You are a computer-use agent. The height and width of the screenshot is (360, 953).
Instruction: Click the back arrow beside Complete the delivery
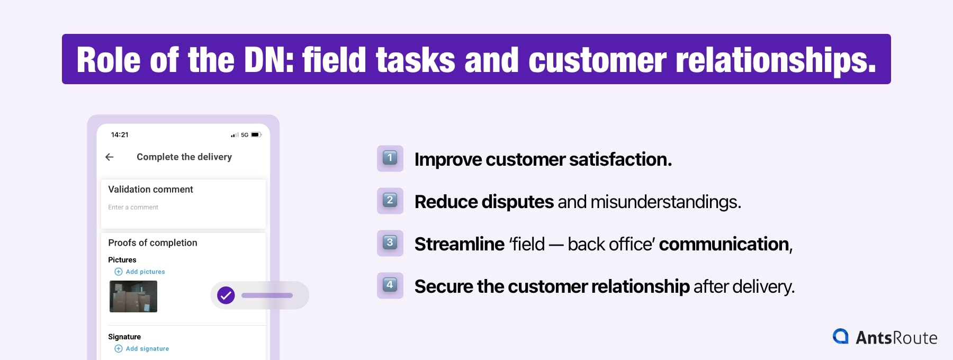click(x=110, y=157)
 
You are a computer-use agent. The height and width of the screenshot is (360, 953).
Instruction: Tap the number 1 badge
click(x=390, y=158)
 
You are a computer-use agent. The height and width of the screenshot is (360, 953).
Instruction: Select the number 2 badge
click(x=390, y=201)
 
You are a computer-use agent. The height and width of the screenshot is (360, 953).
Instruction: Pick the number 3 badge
click(x=390, y=243)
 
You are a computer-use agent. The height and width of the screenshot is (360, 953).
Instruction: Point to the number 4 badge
click(x=390, y=285)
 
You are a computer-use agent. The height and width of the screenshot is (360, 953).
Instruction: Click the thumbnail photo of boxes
click(x=133, y=296)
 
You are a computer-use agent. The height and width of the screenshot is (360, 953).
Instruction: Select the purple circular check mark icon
click(x=226, y=295)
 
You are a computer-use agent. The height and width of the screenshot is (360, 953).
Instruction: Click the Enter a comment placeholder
click(x=133, y=208)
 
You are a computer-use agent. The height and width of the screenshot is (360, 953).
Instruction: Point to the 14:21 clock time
click(x=120, y=135)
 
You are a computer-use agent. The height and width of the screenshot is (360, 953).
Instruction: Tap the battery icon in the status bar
click(x=256, y=135)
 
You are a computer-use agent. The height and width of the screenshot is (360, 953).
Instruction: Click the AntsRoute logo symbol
click(x=841, y=336)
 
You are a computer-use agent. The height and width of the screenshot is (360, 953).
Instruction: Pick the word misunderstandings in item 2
click(x=666, y=202)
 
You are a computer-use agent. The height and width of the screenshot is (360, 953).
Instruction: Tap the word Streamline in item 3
click(x=459, y=244)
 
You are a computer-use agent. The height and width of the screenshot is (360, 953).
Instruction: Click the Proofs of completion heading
click(x=152, y=242)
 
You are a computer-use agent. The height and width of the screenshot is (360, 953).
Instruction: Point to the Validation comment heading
click(x=150, y=189)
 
